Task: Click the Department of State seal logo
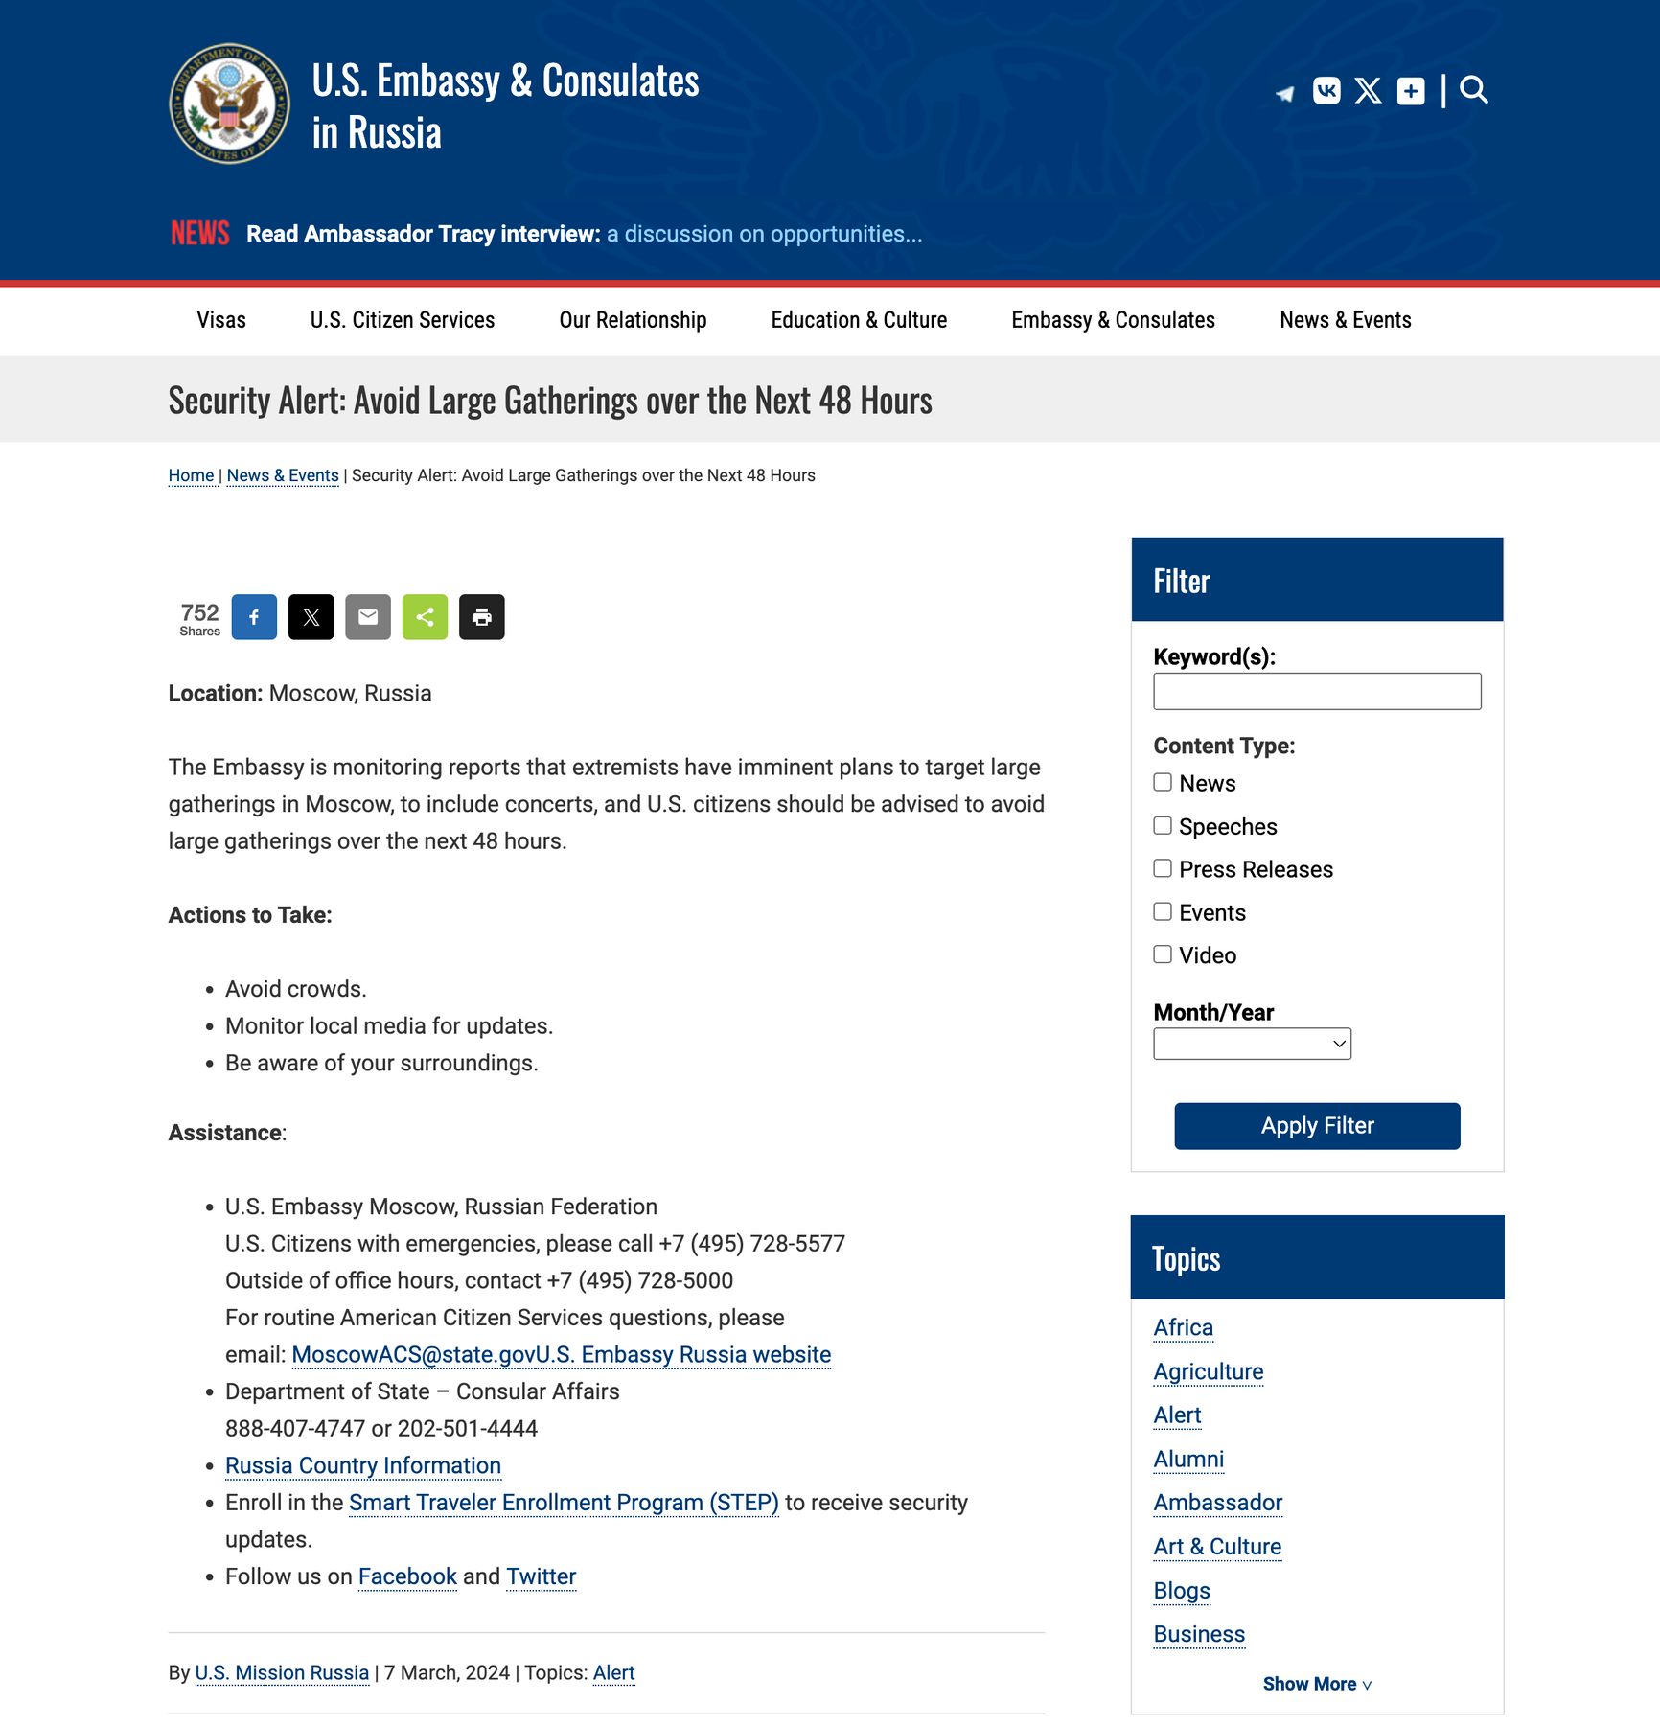coord(229,103)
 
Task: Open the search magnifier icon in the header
coord(1473,90)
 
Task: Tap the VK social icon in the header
coord(1326,90)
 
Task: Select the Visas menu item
coord(221,320)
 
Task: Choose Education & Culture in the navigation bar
coord(859,320)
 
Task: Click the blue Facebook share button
coord(254,617)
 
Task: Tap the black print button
coord(481,617)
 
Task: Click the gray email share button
coord(368,617)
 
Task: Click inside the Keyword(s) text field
coord(1317,691)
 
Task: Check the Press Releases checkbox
coord(1163,868)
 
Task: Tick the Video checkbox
coord(1163,954)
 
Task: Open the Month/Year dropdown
coord(1252,1044)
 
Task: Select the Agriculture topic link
coord(1209,1371)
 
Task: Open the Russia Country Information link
coord(363,1465)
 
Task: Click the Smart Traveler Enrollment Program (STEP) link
coord(564,1503)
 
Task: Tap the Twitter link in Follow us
coord(541,1576)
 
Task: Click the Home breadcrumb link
coord(191,475)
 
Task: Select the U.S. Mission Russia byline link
coord(282,1672)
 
